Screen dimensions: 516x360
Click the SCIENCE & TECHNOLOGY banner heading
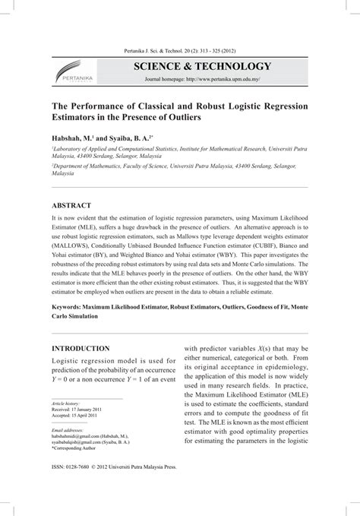[202, 66]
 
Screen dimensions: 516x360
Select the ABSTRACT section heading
[71, 206]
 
